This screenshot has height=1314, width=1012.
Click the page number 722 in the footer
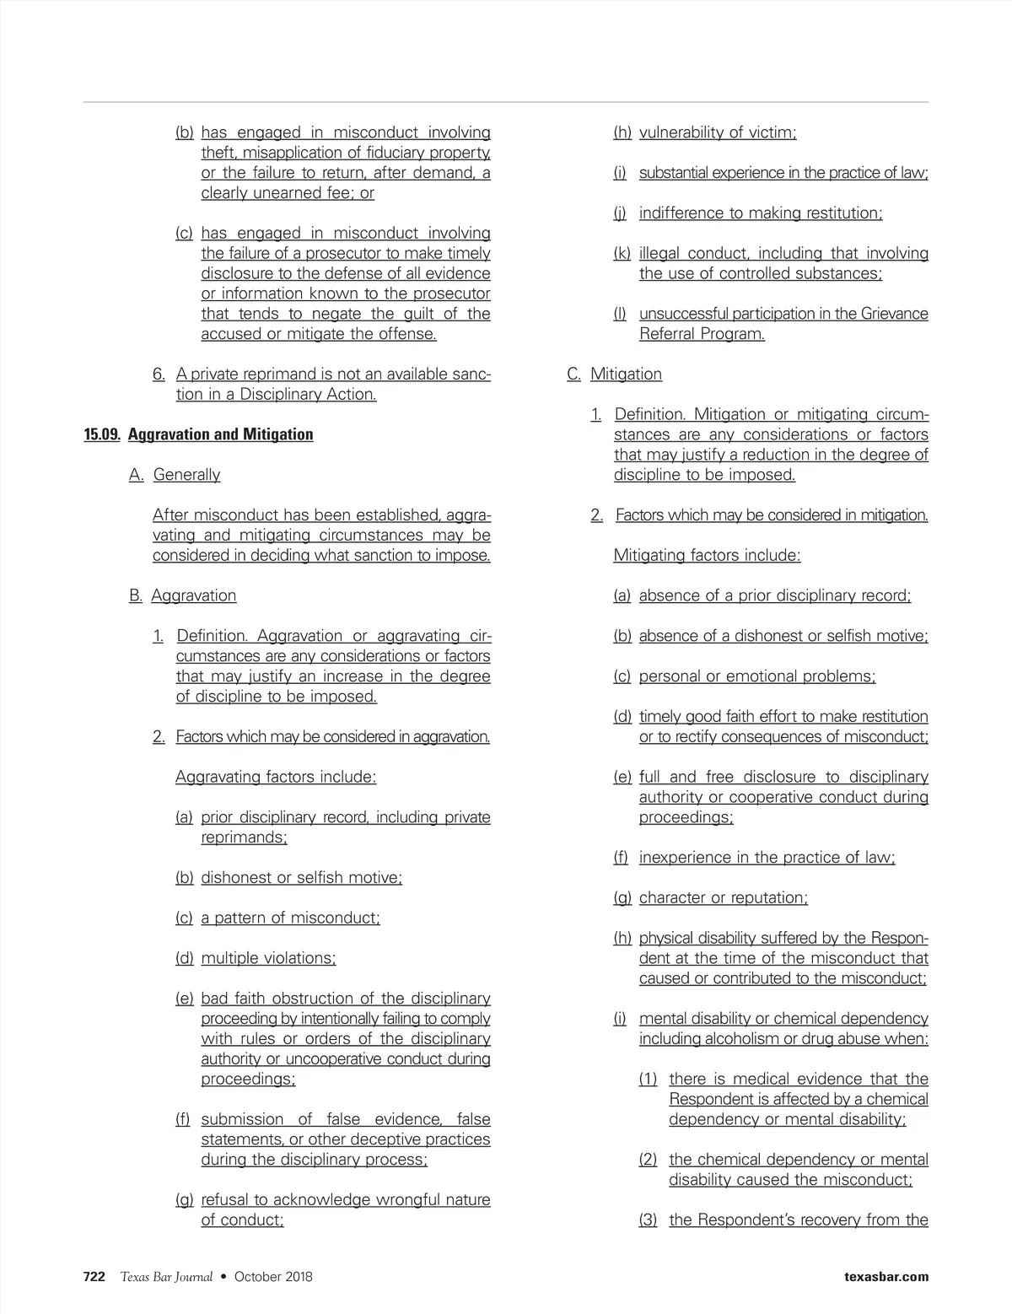coord(94,1276)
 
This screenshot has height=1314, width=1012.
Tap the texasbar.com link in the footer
coord(885,1276)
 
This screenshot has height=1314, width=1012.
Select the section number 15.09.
coord(102,434)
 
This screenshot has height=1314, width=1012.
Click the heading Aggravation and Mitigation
coord(220,434)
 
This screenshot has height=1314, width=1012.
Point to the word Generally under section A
coord(186,475)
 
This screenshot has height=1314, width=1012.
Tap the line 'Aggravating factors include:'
coord(276,777)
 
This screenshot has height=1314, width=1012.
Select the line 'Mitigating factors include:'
coord(707,555)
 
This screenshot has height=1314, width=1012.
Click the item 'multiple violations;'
coord(268,958)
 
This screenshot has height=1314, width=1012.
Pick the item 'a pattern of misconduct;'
coord(290,918)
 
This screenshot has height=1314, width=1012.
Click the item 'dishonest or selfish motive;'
coord(301,877)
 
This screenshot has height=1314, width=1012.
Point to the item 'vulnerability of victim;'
coord(718,132)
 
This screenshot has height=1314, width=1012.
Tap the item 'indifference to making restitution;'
coord(761,213)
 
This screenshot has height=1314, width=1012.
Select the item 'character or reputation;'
coord(723,897)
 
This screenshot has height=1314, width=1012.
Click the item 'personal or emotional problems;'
coord(757,676)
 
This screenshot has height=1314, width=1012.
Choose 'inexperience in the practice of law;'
coord(767,858)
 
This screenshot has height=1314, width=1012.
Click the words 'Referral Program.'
coord(702,334)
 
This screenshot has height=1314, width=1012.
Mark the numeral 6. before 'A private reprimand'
coord(159,374)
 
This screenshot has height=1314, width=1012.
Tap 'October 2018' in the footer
coord(273,1276)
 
